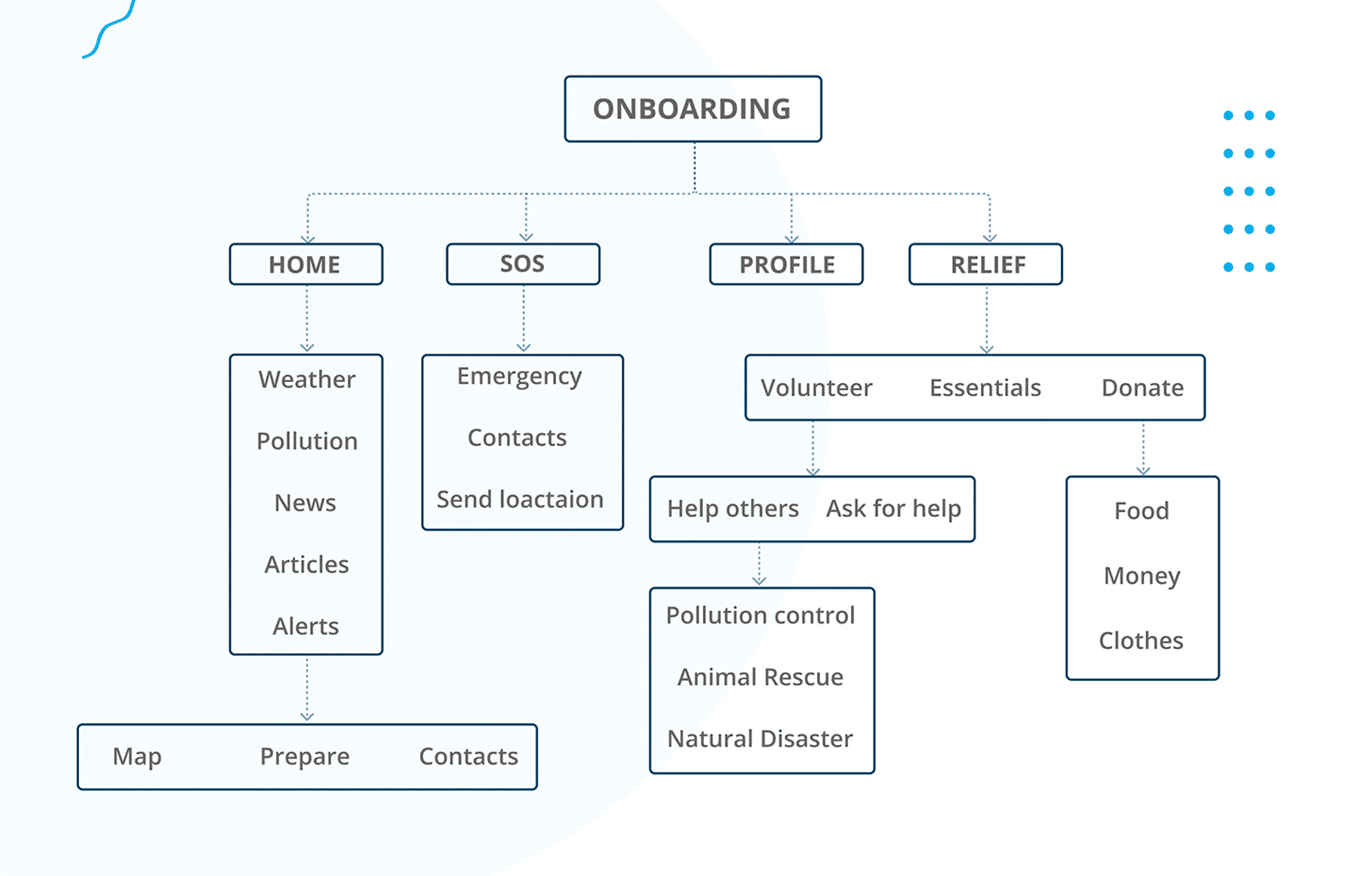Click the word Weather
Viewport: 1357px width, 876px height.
pos(307,380)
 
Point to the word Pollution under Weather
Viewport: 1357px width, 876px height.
pos(307,441)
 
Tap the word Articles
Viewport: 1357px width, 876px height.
pos(307,564)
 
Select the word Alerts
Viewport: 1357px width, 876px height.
pos(305,626)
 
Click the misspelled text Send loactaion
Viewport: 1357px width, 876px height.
pos(520,500)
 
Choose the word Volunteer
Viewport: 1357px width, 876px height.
pos(817,388)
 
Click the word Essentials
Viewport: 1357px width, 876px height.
pos(985,388)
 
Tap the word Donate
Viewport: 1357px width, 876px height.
pos(1143,388)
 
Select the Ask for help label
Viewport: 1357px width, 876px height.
pos(893,508)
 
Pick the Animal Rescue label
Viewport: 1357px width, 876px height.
pos(760,677)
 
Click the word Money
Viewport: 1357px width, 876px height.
pos(1142,576)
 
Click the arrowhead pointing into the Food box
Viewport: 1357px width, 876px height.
pos(1143,471)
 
